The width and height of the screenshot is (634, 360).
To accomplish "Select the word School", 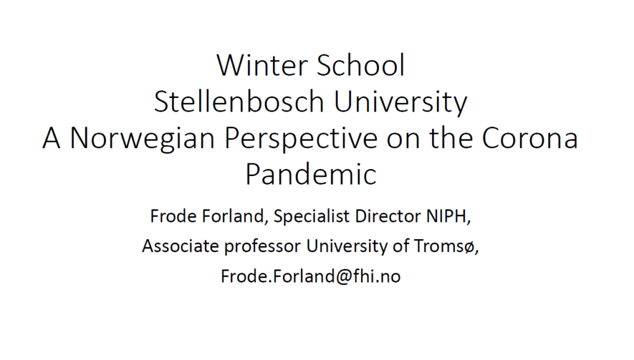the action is pyautogui.click(x=361, y=65).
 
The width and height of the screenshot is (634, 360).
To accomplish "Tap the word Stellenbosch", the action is pyautogui.click(x=239, y=102).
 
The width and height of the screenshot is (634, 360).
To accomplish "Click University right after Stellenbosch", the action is pyautogui.click(x=401, y=102).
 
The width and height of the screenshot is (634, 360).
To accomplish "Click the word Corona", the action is pyautogui.click(x=530, y=138).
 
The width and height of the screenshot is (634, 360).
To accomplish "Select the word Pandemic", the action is pyautogui.click(x=311, y=174).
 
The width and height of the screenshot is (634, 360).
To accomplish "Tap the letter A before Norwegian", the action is pyautogui.click(x=51, y=138).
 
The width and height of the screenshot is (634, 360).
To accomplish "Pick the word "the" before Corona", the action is pyautogui.click(x=451, y=138).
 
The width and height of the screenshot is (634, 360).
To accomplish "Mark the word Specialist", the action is pyautogui.click(x=311, y=216).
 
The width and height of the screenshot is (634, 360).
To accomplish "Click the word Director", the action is pyautogui.click(x=388, y=216).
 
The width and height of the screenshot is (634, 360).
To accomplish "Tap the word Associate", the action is pyautogui.click(x=180, y=246).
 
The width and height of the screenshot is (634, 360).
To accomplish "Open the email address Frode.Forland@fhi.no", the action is pyautogui.click(x=311, y=277).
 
